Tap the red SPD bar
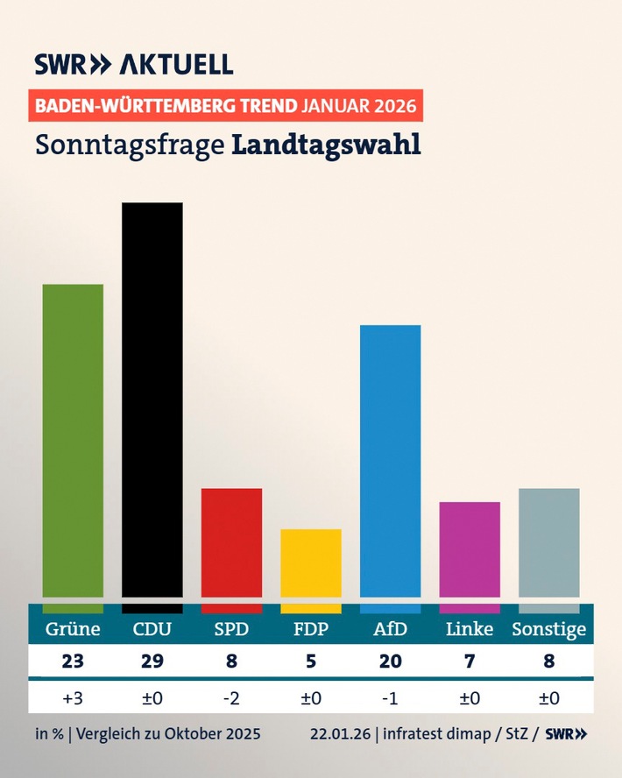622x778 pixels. [x=231, y=542]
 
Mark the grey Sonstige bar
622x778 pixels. [x=549, y=542]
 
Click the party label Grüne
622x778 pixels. [x=73, y=629]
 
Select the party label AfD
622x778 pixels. [x=390, y=629]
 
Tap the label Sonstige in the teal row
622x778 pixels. [x=549, y=630]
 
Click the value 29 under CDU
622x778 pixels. [x=152, y=661]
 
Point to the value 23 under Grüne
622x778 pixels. [x=73, y=661]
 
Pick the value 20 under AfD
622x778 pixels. [x=390, y=661]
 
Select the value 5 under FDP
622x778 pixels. [x=311, y=661]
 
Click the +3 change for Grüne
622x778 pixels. [x=73, y=697]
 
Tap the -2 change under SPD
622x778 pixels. [x=231, y=697]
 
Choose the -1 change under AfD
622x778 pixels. [x=390, y=697]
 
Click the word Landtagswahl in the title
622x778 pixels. [x=326, y=145]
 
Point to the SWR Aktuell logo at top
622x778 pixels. [x=134, y=64]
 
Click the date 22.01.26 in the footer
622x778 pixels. [x=340, y=733]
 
